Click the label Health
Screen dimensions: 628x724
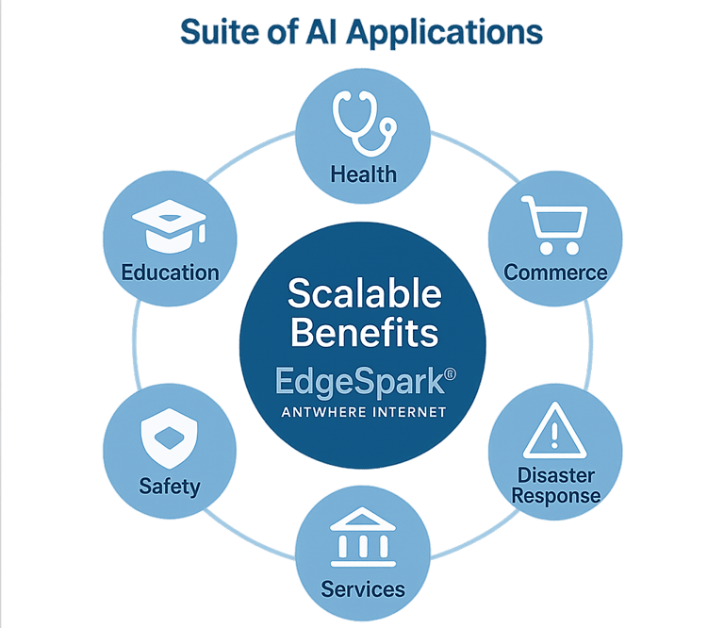coord(363,174)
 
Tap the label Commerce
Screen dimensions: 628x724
coord(555,273)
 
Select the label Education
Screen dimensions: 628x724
coord(170,273)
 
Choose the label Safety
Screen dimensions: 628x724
coord(170,487)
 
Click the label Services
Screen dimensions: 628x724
coord(363,589)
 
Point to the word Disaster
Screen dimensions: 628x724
coord(555,474)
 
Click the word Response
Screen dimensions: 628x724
coord(555,495)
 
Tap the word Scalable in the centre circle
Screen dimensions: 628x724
coord(364,294)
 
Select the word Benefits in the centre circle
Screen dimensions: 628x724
coord(364,332)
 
